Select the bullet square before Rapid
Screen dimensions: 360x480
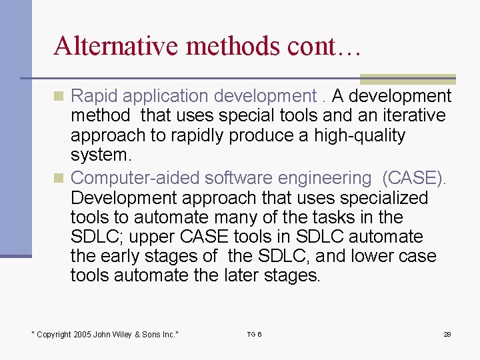(x=59, y=96)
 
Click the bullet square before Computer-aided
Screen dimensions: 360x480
(x=59, y=178)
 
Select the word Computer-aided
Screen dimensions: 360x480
(x=135, y=178)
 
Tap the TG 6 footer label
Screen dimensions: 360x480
(x=254, y=334)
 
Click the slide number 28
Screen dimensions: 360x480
(x=447, y=334)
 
